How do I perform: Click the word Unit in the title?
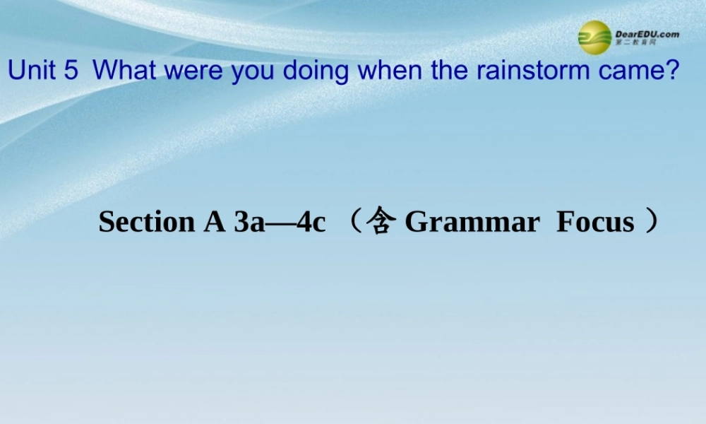click(x=32, y=70)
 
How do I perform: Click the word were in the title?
click(x=186, y=70)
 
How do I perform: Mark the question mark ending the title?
click(x=673, y=70)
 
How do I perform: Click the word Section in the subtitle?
click(x=146, y=222)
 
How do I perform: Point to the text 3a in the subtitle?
click(x=249, y=222)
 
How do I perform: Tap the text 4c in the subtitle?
click(x=311, y=222)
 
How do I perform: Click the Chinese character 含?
click(x=381, y=221)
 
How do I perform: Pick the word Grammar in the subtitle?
click(x=472, y=223)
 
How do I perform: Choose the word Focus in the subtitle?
click(x=595, y=222)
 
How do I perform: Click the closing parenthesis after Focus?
click(x=652, y=221)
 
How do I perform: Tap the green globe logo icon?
click(x=594, y=37)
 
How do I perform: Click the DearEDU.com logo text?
click(x=647, y=34)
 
